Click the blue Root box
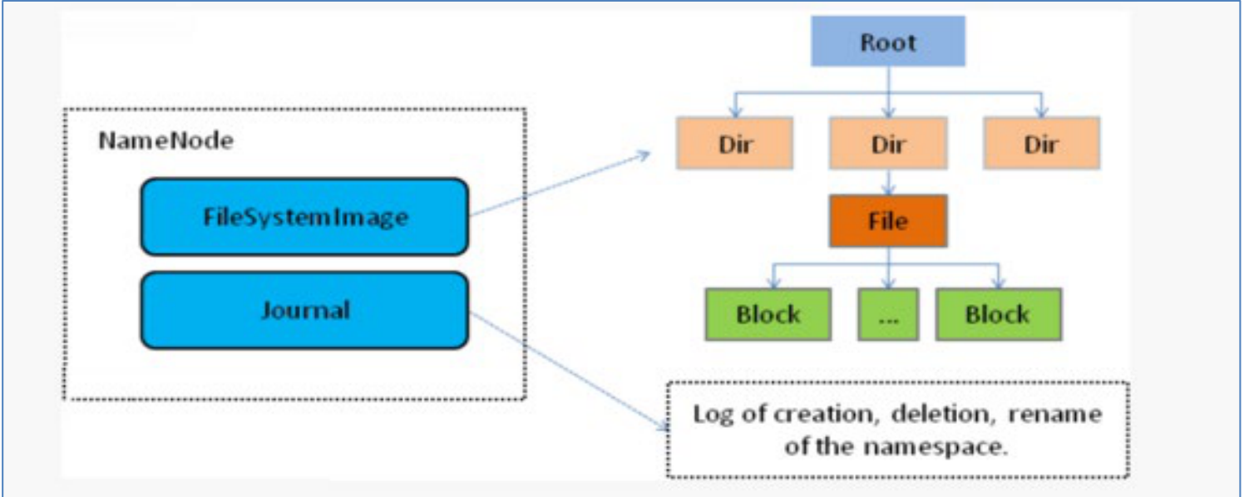click(x=888, y=42)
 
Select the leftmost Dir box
click(x=735, y=143)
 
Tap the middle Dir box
click(x=888, y=143)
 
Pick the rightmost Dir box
click(x=1041, y=143)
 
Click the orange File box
click(x=888, y=221)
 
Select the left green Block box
click(x=768, y=314)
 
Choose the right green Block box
click(x=999, y=314)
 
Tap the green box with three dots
click(x=888, y=314)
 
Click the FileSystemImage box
click(x=305, y=217)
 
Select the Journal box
click(x=305, y=310)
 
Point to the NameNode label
click(x=166, y=140)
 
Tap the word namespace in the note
click(x=935, y=446)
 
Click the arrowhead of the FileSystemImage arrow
click(x=645, y=154)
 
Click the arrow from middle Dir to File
click(x=889, y=181)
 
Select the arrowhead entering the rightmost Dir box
click(x=1042, y=113)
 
